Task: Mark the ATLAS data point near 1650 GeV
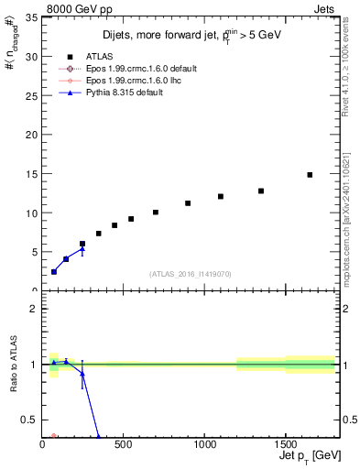click(310, 174)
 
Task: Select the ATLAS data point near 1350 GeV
click(261, 191)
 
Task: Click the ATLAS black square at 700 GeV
click(156, 212)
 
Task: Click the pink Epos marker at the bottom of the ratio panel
click(54, 436)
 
